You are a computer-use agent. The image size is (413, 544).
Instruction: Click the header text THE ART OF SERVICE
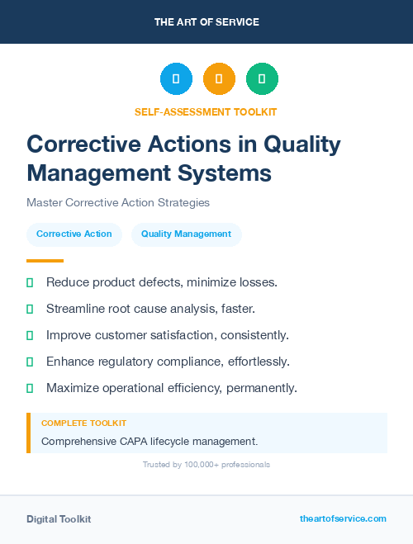tap(206, 22)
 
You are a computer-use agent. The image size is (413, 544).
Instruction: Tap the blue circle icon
tap(176, 79)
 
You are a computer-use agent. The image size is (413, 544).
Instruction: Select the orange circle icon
tap(219, 79)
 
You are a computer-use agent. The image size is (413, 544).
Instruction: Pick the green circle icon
tap(262, 79)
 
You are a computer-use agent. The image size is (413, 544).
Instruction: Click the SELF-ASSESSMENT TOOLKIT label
tap(206, 111)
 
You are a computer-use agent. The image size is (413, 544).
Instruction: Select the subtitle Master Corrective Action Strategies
tap(118, 202)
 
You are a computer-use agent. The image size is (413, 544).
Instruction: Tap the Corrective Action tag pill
tap(74, 234)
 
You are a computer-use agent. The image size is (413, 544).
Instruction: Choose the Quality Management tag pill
tap(186, 234)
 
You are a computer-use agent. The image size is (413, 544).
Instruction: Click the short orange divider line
tap(45, 261)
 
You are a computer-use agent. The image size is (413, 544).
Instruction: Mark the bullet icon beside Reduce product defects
tap(30, 282)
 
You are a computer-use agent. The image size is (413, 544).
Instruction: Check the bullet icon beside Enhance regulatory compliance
tap(30, 362)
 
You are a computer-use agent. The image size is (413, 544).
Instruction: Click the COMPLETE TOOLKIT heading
tap(83, 423)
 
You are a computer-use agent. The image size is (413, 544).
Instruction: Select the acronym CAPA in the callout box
tap(134, 441)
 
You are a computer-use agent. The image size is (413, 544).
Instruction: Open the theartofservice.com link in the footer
tap(343, 518)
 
